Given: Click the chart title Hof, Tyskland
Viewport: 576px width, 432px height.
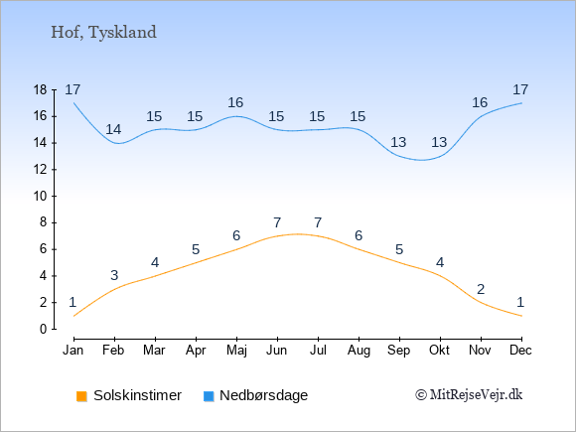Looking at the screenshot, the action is coord(103,33).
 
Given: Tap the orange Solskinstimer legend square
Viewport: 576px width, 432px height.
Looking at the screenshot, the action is coord(81,396).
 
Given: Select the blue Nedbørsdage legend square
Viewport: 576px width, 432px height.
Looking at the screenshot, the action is coord(209,396).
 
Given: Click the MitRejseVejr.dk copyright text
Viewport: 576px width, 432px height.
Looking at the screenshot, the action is coord(469,395).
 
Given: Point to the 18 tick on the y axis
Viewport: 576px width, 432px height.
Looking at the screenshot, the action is coord(40,89).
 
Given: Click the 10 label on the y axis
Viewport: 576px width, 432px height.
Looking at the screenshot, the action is coord(40,197).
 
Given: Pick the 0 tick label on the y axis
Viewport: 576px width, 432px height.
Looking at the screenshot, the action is coord(44,329).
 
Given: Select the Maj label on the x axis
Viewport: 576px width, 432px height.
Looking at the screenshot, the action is coord(236,351).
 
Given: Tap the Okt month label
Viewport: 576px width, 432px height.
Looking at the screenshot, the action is coord(439,350).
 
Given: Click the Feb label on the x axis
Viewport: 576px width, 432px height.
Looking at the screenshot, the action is coord(113,350).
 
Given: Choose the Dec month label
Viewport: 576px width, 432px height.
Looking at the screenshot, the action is coord(520,350).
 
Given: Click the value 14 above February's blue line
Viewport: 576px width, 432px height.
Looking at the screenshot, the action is coord(113,129).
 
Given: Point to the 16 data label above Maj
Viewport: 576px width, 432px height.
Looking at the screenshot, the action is coord(235,102).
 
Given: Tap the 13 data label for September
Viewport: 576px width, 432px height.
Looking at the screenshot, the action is coord(398,142).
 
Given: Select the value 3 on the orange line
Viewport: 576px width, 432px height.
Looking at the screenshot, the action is coord(114,275).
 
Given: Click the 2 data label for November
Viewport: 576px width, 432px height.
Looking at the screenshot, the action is coord(481,289).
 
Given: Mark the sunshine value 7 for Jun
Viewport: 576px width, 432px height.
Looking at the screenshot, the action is coord(277,222).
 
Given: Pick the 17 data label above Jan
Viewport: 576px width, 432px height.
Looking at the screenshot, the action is coord(72,89).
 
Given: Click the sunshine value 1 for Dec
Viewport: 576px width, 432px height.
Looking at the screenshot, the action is coord(520,302).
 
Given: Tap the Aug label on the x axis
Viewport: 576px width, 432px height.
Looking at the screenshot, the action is coord(359,351).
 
